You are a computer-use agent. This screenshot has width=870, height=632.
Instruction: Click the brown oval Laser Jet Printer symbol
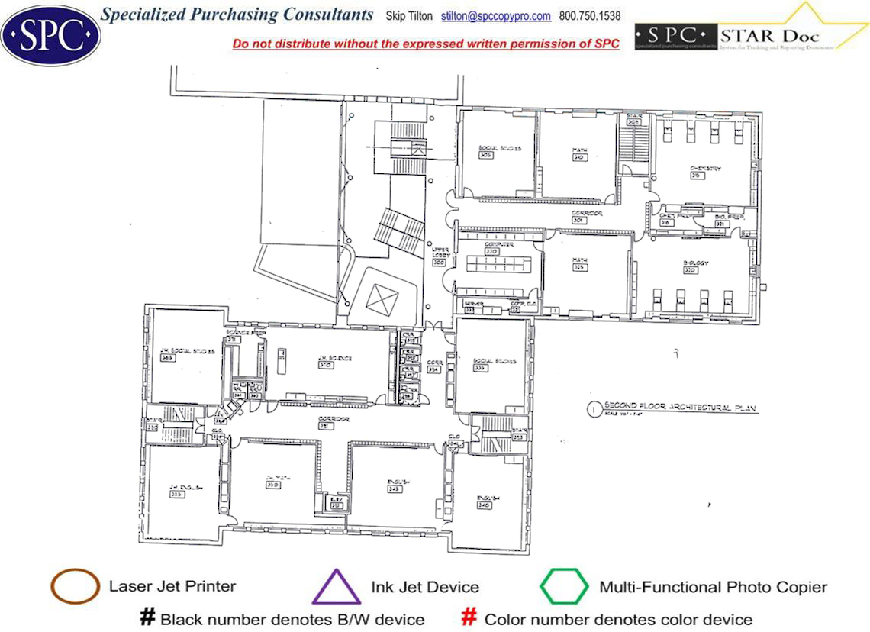point(75,587)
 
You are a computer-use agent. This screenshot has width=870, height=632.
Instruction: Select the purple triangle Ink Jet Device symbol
point(337,588)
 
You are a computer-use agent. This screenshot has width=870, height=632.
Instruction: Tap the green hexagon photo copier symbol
point(564,587)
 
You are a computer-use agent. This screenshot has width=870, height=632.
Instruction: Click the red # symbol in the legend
point(470,617)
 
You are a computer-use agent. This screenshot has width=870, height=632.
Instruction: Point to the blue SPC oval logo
point(50,34)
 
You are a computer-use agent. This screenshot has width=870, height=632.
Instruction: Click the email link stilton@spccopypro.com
point(496,16)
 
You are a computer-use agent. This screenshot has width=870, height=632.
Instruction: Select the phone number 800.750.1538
point(590,16)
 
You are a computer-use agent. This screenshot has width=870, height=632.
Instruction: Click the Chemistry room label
point(704,169)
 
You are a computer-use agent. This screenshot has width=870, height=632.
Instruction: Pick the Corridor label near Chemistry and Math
point(588,214)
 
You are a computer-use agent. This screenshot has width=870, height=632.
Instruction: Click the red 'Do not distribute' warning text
point(426,44)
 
